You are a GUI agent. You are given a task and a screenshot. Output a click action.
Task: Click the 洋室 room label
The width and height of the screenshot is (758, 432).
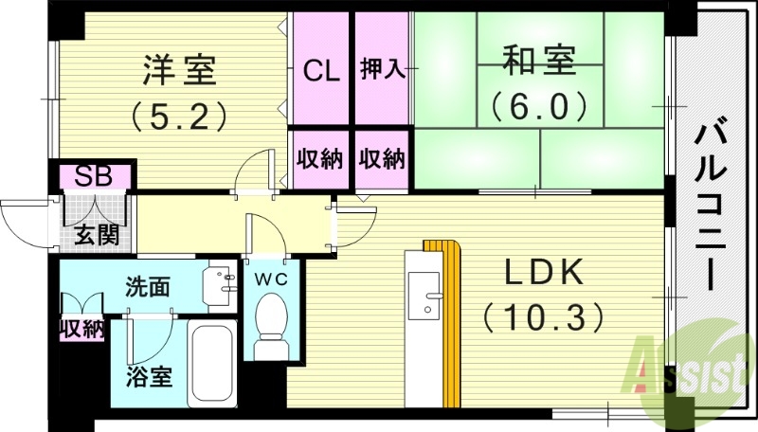coord(179,69)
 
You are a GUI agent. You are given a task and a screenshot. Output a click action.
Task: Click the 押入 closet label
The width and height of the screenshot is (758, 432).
coord(383,69)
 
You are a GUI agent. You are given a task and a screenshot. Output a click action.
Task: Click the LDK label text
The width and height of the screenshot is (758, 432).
coord(544,275)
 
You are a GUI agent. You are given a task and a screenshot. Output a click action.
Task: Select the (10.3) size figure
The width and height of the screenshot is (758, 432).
coord(544,316)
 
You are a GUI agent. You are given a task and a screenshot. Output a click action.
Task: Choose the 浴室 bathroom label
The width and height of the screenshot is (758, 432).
coord(150,375)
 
